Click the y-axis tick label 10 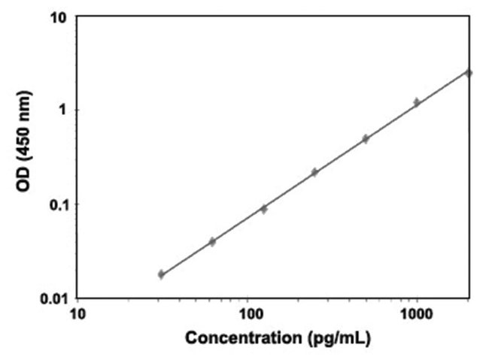60,17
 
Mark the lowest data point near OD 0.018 161,274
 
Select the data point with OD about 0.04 212,241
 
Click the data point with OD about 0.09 263,209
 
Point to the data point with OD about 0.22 314,172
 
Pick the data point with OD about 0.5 366,139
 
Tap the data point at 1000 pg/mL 417,102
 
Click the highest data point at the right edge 468,73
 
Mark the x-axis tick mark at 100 247,300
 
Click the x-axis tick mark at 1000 417,300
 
